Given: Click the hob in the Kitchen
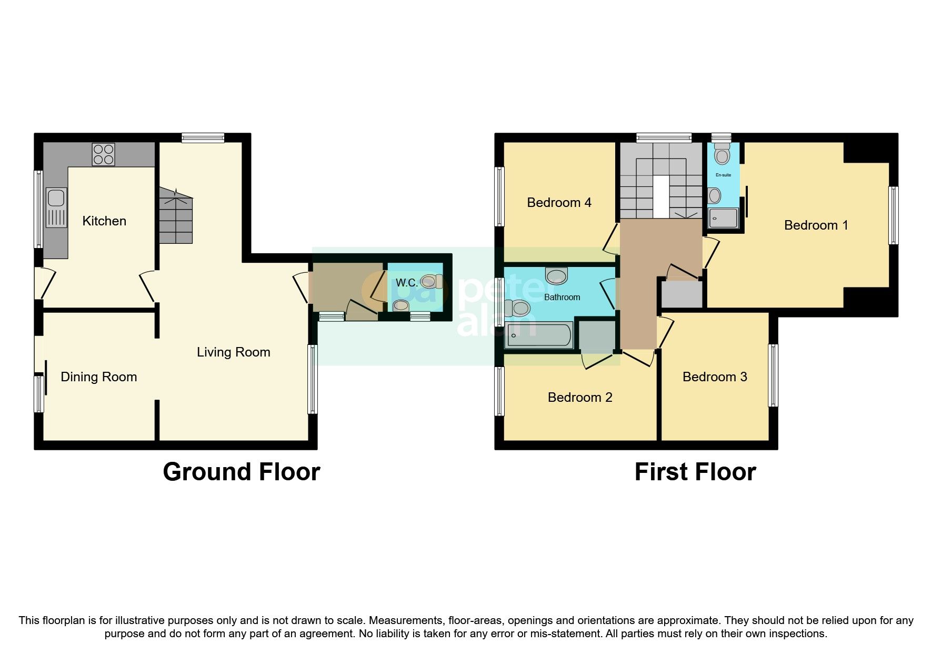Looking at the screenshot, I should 103,154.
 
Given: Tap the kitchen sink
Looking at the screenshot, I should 56,207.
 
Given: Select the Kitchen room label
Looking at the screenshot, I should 104,221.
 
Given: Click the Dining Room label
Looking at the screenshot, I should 98,377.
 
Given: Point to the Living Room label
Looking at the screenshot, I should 233,352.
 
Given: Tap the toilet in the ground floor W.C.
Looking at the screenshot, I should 430,282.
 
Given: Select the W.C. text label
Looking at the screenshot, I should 406,283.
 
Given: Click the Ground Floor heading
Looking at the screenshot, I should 241,471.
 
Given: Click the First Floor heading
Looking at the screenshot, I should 695,471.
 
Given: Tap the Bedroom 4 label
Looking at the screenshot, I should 559,202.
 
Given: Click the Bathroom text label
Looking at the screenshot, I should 562,297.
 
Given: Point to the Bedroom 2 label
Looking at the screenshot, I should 579,397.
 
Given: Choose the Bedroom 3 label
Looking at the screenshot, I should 714,377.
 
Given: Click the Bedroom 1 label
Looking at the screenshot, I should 816,225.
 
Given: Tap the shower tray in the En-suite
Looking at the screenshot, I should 723,217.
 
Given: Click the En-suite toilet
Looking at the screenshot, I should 722,154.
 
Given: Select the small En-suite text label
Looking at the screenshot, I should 723,175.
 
